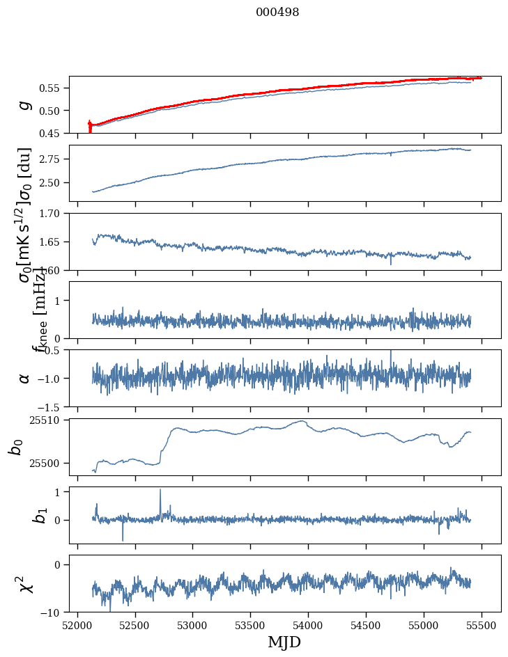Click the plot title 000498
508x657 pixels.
tap(277, 12)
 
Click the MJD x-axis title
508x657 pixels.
tap(284, 642)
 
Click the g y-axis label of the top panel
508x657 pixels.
tap(25, 104)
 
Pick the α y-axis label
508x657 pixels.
tap(25, 378)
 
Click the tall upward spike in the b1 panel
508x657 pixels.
tap(160, 491)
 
